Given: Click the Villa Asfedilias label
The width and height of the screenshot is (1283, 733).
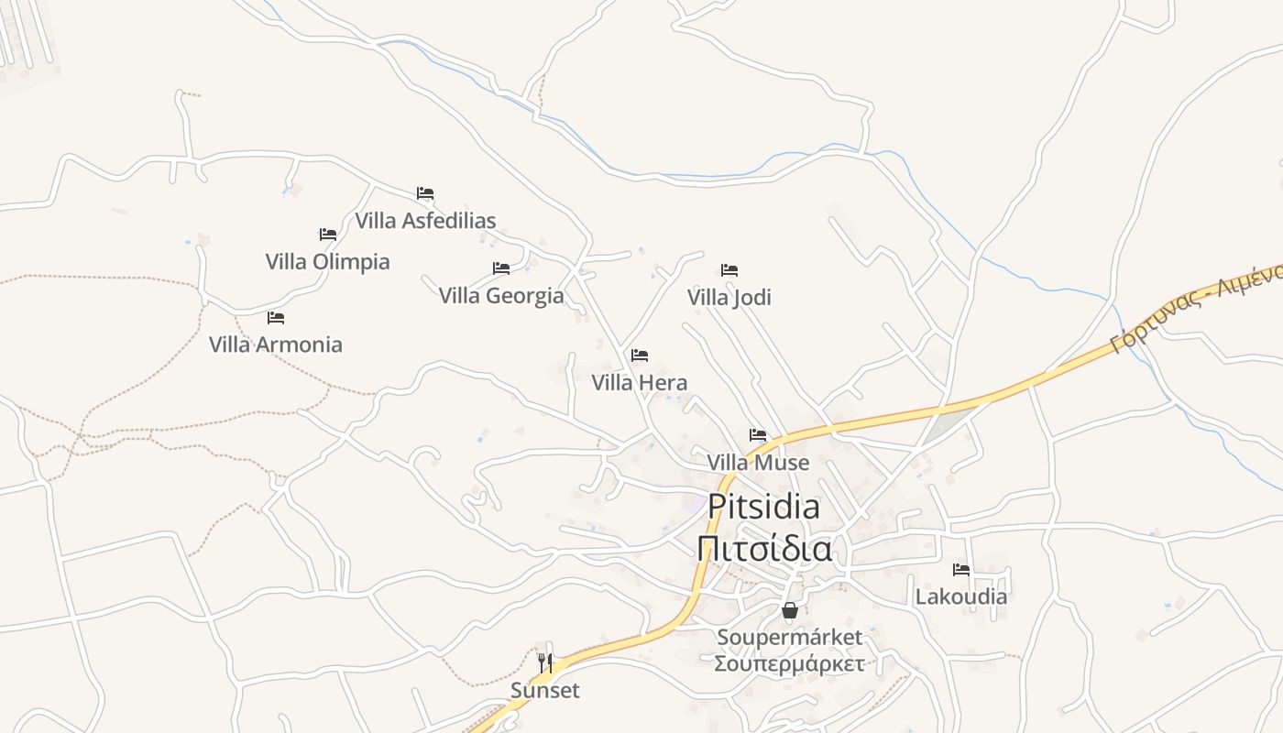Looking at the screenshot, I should [x=425, y=221].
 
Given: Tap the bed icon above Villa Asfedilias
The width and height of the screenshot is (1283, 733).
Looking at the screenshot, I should [x=425, y=193].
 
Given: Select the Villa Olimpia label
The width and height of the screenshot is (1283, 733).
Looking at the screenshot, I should [x=327, y=262].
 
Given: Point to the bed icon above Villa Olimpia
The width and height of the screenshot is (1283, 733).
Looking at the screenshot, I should [x=327, y=235].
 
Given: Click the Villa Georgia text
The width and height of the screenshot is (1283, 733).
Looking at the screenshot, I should [x=501, y=296].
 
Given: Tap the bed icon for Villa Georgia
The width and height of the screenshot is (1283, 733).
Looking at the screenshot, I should [x=501, y=268].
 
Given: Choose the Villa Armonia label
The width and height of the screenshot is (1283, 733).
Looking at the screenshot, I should [x=276, y=345].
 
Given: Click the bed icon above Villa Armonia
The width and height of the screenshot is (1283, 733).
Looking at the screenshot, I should [x=276, y=318].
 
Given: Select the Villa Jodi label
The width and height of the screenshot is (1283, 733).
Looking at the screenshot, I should [x=729, y=298].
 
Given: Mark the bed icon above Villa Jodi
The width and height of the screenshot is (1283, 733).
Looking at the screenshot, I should [x=729, y=270].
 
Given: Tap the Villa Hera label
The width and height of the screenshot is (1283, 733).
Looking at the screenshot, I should [x=640, y=383].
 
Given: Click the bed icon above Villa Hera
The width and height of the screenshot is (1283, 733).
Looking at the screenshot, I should [x=640, y=356].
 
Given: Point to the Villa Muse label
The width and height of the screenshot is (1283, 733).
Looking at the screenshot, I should [x=758, y=463].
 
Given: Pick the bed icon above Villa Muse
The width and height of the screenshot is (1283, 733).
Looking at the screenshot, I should [x=758, y=435].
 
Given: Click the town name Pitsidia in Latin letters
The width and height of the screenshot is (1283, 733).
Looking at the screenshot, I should [x=764, y=507].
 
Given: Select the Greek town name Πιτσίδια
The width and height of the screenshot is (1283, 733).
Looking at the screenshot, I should [x=764, y=549].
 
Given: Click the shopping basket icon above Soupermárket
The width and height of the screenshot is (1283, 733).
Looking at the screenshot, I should [x=790, y=610].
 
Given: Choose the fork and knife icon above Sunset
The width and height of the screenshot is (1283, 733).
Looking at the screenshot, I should [x=545, y=662].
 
